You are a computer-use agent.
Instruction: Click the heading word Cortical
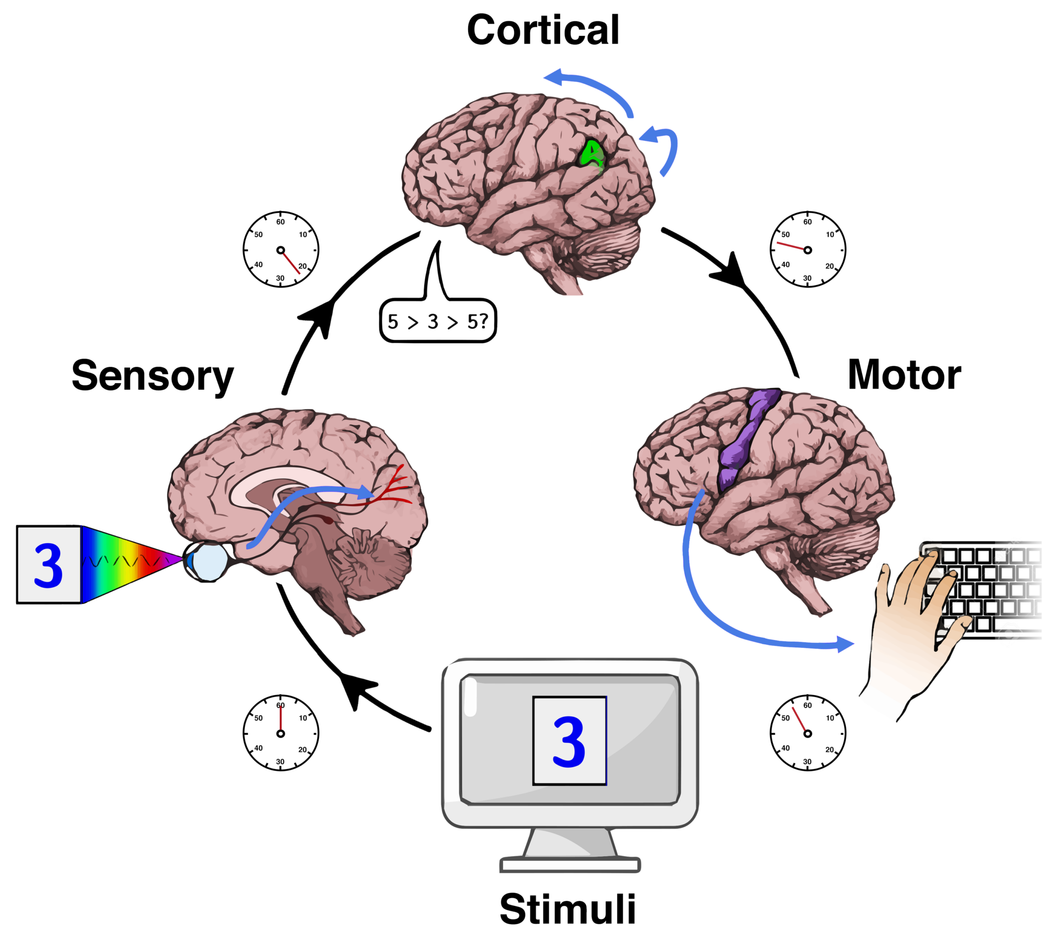(x=542, y=30)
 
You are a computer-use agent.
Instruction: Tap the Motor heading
(x=903, y=375)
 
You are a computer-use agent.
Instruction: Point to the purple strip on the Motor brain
(x=743, y=442)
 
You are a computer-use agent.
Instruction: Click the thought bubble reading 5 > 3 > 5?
(x=438, y=321)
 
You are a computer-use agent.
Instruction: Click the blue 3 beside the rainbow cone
(x=48, y=566)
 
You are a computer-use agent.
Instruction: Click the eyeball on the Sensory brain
(x=207, y=561)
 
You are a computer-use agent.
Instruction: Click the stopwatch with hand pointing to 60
(x=281, y=733)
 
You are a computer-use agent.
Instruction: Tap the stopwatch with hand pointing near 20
(x=281, y=250)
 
